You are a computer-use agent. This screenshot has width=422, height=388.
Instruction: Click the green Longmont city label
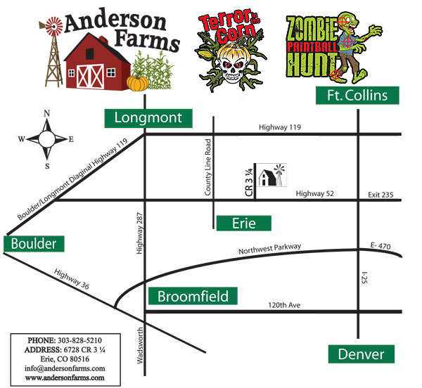pos(148,118)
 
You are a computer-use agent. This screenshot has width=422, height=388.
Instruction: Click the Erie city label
pos(243,224)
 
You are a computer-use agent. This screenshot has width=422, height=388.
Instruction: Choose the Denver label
pos(362,354)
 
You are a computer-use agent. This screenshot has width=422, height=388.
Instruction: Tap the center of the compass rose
pos(47,138)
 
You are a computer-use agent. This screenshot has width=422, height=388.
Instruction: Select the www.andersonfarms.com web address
pos(65,377)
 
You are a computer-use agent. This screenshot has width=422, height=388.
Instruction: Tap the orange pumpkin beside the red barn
pos(136,83)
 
